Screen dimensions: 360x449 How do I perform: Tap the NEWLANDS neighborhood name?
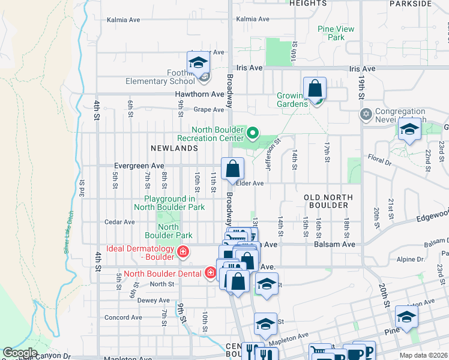pyautogui.click(x=175, y=148)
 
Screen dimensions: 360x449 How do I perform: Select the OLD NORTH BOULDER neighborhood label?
pyautogui.click(x=326, y=201)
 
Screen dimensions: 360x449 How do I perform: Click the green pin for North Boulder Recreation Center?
pyautogui.click(x=253, y=133)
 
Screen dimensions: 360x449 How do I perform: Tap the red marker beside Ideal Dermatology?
pyautogui.click(x=182, y=251)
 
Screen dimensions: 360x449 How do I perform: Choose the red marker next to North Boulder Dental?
pyautogui.click(x=211, y=274)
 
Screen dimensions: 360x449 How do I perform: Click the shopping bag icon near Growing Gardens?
pyautogui.click(x=315, y=89)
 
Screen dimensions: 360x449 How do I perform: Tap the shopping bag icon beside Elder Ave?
pyautogui.click(x=232, y=169)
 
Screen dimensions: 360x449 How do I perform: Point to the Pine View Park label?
pyautogui.click(x=336, y=33)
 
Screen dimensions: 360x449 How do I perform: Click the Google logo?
pyautogui.click(x=20, y=353)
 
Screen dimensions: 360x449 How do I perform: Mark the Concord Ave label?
pyautogui.click(x=122, y=317)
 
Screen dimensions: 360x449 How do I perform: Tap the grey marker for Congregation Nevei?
pyautogui.click(x=366, y=113)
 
